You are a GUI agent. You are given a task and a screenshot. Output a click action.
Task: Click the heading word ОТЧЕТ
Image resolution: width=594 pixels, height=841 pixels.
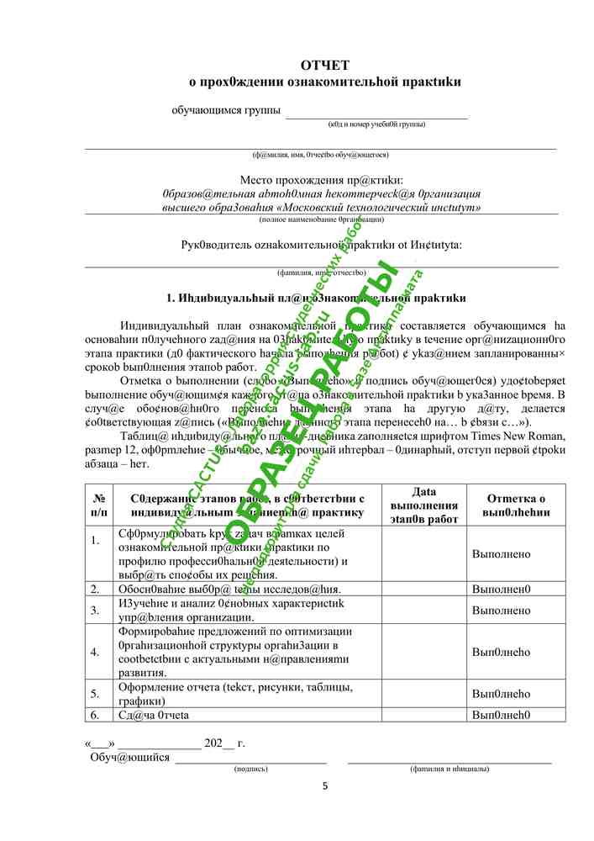[324, 66]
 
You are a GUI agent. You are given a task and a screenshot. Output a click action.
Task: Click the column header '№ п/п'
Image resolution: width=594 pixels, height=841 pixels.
[97, 505]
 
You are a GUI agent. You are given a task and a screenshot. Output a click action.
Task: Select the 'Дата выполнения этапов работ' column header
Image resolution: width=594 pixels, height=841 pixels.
[424, 505]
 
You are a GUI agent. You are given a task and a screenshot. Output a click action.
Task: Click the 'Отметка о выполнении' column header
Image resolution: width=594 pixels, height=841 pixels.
[517, 505]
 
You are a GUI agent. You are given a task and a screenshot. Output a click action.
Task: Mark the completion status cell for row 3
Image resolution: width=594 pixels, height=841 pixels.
[501, 610]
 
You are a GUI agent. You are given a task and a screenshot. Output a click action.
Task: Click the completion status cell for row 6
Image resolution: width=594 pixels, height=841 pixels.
[501, 715]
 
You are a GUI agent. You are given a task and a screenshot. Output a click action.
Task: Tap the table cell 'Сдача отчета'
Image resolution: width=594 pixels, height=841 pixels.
[154, 715]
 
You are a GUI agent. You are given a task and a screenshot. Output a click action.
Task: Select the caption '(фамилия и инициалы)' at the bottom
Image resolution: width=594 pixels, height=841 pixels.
[449, 768]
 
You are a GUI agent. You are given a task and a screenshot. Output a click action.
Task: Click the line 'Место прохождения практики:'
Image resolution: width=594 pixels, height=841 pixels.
[321, 180]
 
